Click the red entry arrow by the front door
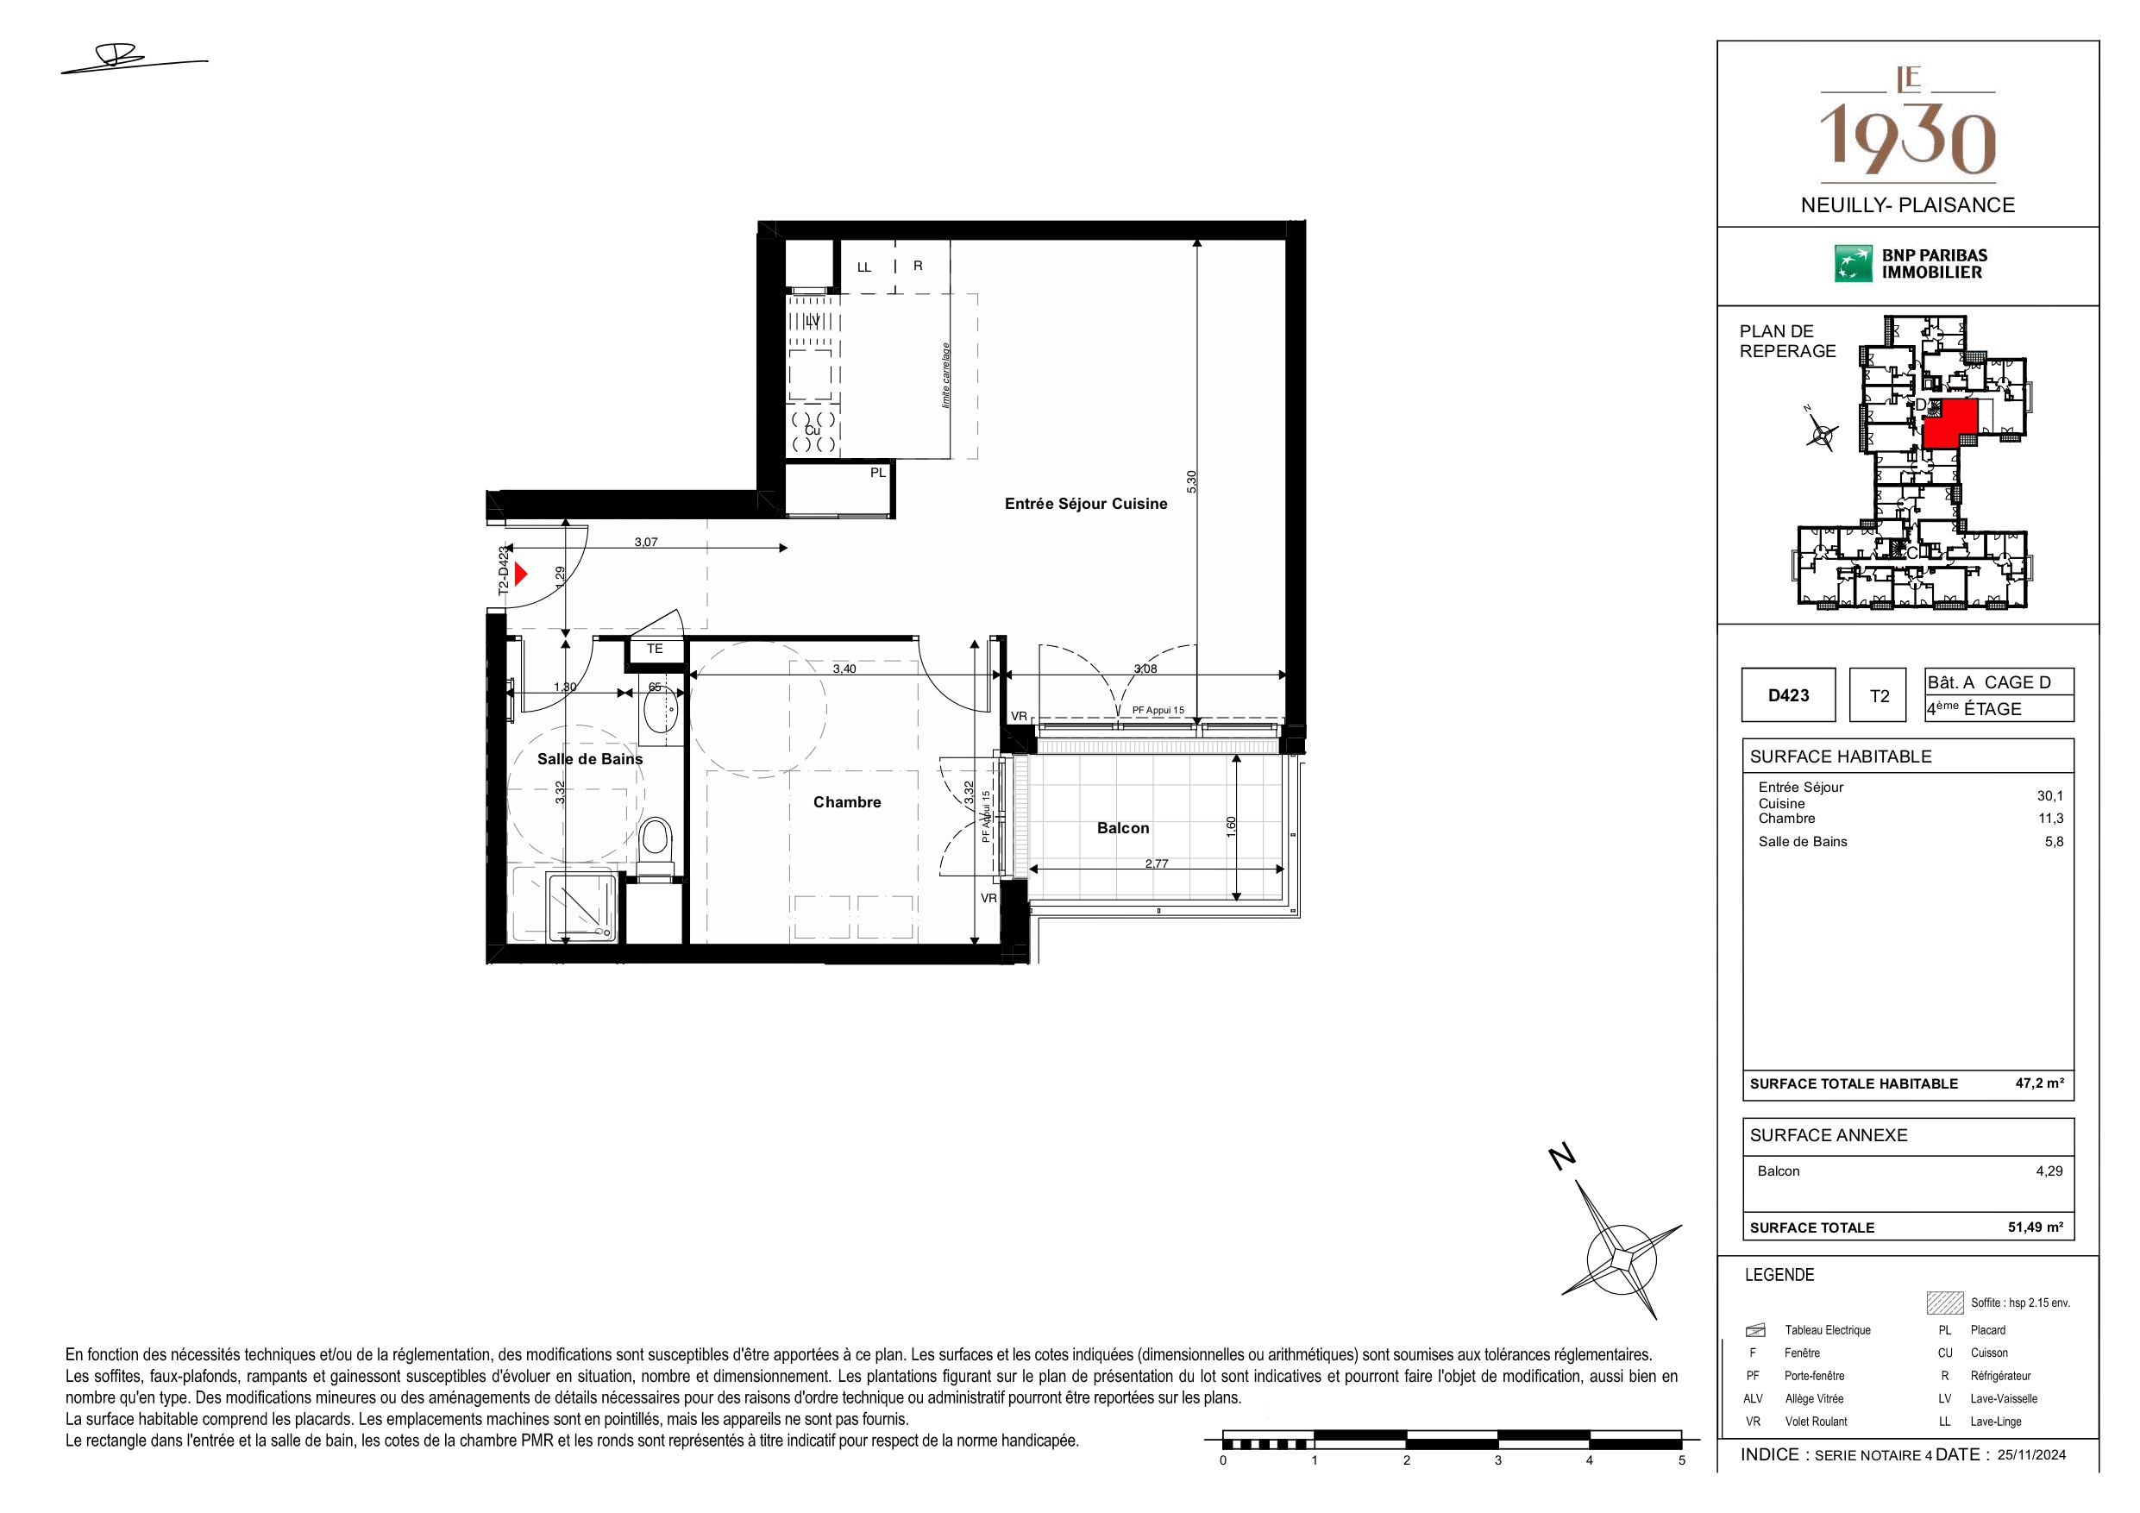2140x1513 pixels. (521, 574)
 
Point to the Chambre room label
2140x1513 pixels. (846, 801)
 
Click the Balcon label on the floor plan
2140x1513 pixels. (1123, 828)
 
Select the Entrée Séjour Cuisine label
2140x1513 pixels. (1086, 504)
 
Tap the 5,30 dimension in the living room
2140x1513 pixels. (1191, 481)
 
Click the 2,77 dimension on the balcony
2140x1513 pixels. (1156, 863)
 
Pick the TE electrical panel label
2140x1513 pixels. (656, 649)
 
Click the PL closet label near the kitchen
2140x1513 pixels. (878, 473)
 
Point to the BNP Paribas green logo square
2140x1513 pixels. (1853, 264)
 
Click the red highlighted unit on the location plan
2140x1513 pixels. (1951, 423)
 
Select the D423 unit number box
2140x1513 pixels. (1789, 695)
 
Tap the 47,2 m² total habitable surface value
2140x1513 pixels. (2039, 1083)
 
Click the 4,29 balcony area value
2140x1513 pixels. (2049, 1171)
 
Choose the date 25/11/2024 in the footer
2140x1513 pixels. (2032, 1454)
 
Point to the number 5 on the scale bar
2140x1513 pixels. (1682, 1460)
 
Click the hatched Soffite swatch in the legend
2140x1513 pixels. (1945, 1303)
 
